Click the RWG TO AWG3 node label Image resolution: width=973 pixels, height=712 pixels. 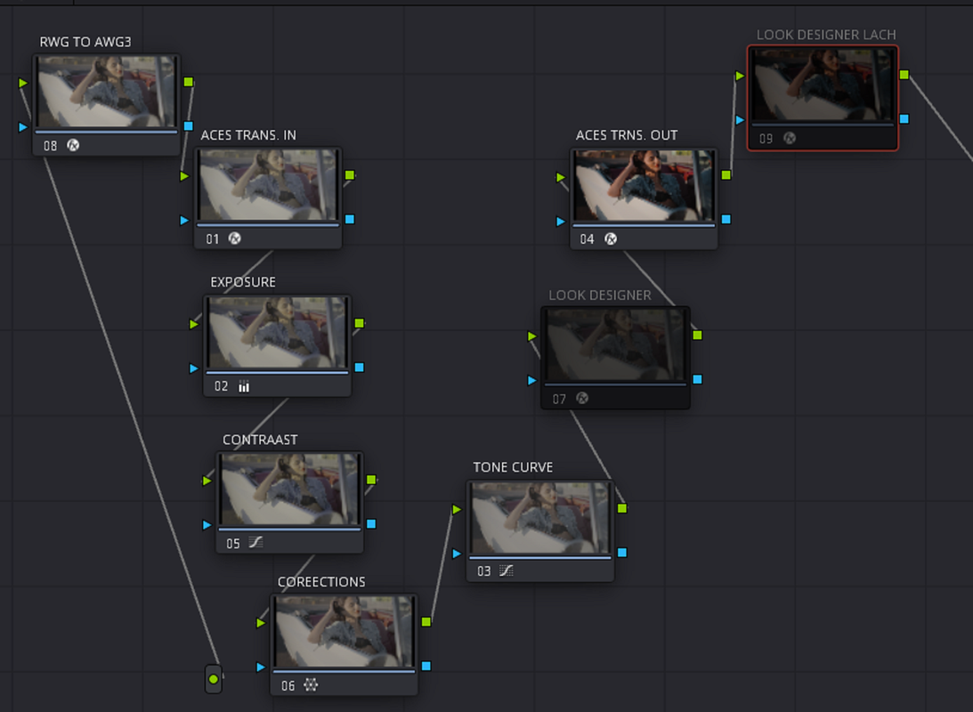tap(85, 42)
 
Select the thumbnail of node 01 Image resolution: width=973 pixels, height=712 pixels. tap(268, 185)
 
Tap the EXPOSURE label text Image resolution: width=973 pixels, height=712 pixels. tap(243, 282)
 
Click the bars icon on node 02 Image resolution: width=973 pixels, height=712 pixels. tap(244, 386)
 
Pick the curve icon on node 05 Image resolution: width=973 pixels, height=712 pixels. tap(255, 543)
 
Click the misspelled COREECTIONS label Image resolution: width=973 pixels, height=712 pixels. tap(321, 582)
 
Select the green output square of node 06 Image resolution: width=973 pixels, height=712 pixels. tap(426, 621)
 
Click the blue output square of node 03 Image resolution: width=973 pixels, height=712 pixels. tap(622, 552)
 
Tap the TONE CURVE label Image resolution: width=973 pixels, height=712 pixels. tap(513, 467)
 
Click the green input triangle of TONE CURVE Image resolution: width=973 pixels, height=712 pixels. tap(457, 509)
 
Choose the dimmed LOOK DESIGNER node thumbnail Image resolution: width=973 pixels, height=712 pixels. tap(615, 344)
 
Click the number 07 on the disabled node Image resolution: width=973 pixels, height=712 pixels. tap(559, 399)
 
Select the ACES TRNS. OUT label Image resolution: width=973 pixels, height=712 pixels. tap(626, 135)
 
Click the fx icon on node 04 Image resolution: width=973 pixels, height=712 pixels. tap(611, 239)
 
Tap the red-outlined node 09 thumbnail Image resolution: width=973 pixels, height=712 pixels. tap(823, 85)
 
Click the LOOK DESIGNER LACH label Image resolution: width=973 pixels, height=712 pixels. tap(826, 35)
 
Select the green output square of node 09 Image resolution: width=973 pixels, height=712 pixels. tap(904, 75)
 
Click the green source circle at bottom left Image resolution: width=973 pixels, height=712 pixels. tap(214, 678)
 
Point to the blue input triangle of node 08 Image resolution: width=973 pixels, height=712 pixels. tap(23, 127)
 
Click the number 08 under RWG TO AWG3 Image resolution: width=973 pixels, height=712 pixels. tap(50, 146)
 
